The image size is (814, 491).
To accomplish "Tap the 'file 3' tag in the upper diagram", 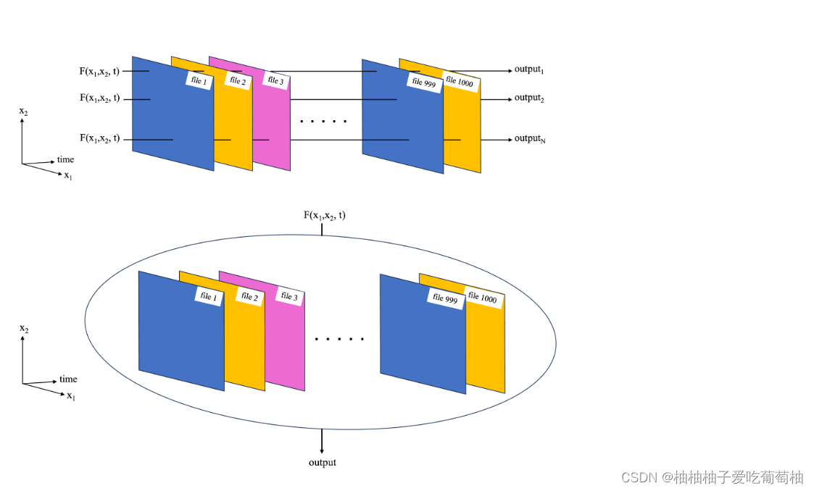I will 275,80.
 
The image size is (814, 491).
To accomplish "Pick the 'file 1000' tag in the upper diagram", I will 460,82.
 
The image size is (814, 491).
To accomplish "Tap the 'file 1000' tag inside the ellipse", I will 482,297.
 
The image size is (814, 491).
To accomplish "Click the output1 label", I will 529,70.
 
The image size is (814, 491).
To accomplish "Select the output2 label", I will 529,98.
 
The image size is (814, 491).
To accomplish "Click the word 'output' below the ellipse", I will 322,462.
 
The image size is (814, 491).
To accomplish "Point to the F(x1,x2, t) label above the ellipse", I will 324,215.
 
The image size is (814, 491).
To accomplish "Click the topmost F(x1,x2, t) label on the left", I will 99,71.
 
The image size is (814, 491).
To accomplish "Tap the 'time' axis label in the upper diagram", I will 65,159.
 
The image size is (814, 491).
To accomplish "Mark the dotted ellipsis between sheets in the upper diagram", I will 323,121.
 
